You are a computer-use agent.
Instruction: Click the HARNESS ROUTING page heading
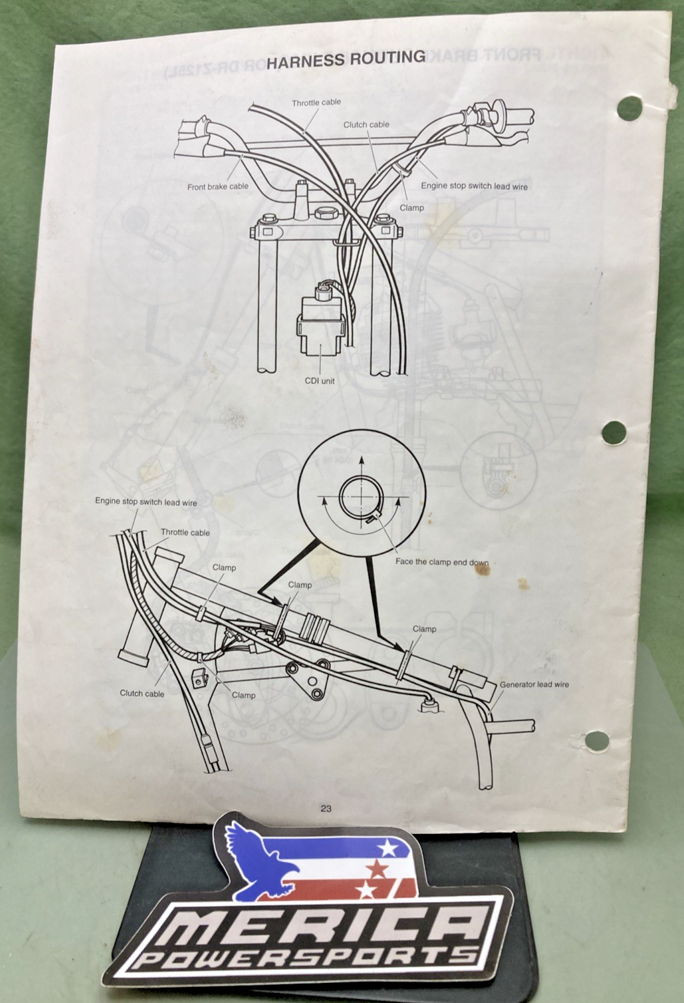346,60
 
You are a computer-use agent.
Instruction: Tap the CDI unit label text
320,381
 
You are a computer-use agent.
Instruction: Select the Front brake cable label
217,186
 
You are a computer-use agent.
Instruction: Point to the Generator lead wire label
534,684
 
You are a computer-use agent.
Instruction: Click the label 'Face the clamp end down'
442,562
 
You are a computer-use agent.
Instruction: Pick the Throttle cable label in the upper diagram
316,102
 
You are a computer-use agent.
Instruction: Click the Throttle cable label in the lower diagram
185,532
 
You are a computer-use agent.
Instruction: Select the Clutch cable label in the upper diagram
366,124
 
